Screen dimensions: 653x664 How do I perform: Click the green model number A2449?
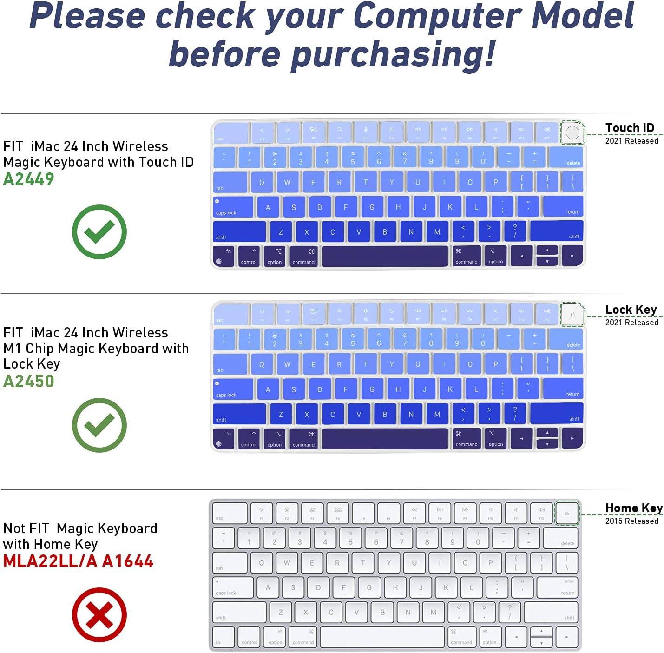tap(29, 179)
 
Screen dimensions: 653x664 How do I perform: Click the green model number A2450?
tap(29, 381)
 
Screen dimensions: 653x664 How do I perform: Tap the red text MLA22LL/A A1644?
tap(78, 561)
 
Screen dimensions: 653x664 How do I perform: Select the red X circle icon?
tap(99, 614)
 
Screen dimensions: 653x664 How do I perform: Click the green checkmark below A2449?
tap(99, 231)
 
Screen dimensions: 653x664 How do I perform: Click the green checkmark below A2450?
tap(99, 425)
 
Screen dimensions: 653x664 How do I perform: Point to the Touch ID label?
tap(630, 128)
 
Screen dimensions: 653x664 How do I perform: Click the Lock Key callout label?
tap(631, 310)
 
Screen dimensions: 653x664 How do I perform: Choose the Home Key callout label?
tap(634, 508)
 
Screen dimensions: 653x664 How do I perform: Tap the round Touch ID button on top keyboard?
tap(572, 133)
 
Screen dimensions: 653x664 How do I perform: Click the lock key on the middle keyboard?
tap(572, 315)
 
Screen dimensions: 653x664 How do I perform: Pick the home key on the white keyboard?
tap(567, 513)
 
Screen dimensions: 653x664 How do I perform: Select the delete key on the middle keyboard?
tap(565, 339)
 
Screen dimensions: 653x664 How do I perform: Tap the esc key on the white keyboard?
tap(230, 513)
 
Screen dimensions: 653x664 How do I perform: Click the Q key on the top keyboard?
tap(262, 182)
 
